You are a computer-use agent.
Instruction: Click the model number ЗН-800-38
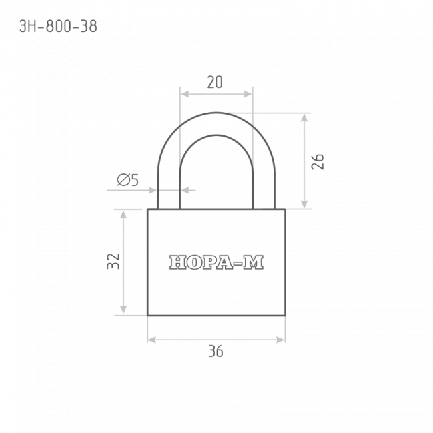coord(58,27)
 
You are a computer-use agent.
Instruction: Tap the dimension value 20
coord(215,82)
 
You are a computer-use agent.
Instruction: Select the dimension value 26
coord(318,161)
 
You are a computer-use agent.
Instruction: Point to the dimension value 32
coord(113,261)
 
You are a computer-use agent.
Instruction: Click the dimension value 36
coord(216,351)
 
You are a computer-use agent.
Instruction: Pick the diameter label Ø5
coord(128,180)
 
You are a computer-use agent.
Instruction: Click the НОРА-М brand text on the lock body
coord(217,262)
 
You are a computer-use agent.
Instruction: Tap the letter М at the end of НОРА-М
coord(254,262)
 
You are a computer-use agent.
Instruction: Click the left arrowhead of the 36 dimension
coord(152,340)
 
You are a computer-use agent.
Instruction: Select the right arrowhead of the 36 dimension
coord(281,340)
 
